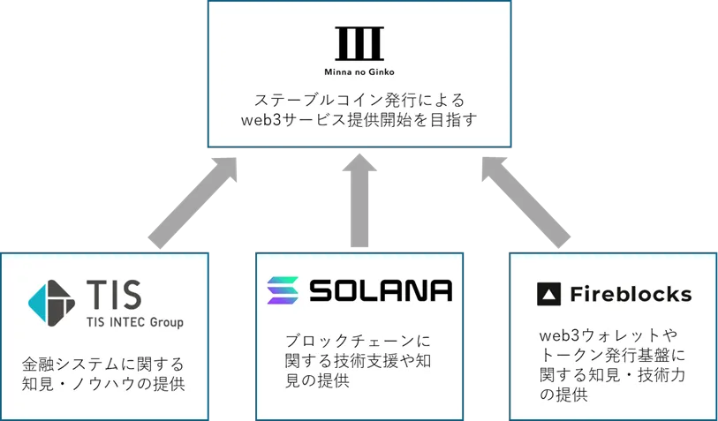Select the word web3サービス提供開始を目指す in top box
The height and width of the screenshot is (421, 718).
359,119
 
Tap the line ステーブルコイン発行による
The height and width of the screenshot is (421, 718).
359,98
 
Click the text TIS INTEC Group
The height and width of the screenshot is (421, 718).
133,322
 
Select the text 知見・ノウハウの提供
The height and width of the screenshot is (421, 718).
103,385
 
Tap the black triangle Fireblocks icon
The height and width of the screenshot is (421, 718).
548,295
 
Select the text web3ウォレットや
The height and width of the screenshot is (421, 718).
600,335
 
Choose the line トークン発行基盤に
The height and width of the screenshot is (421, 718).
611,356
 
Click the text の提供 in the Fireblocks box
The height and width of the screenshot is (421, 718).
563,395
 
